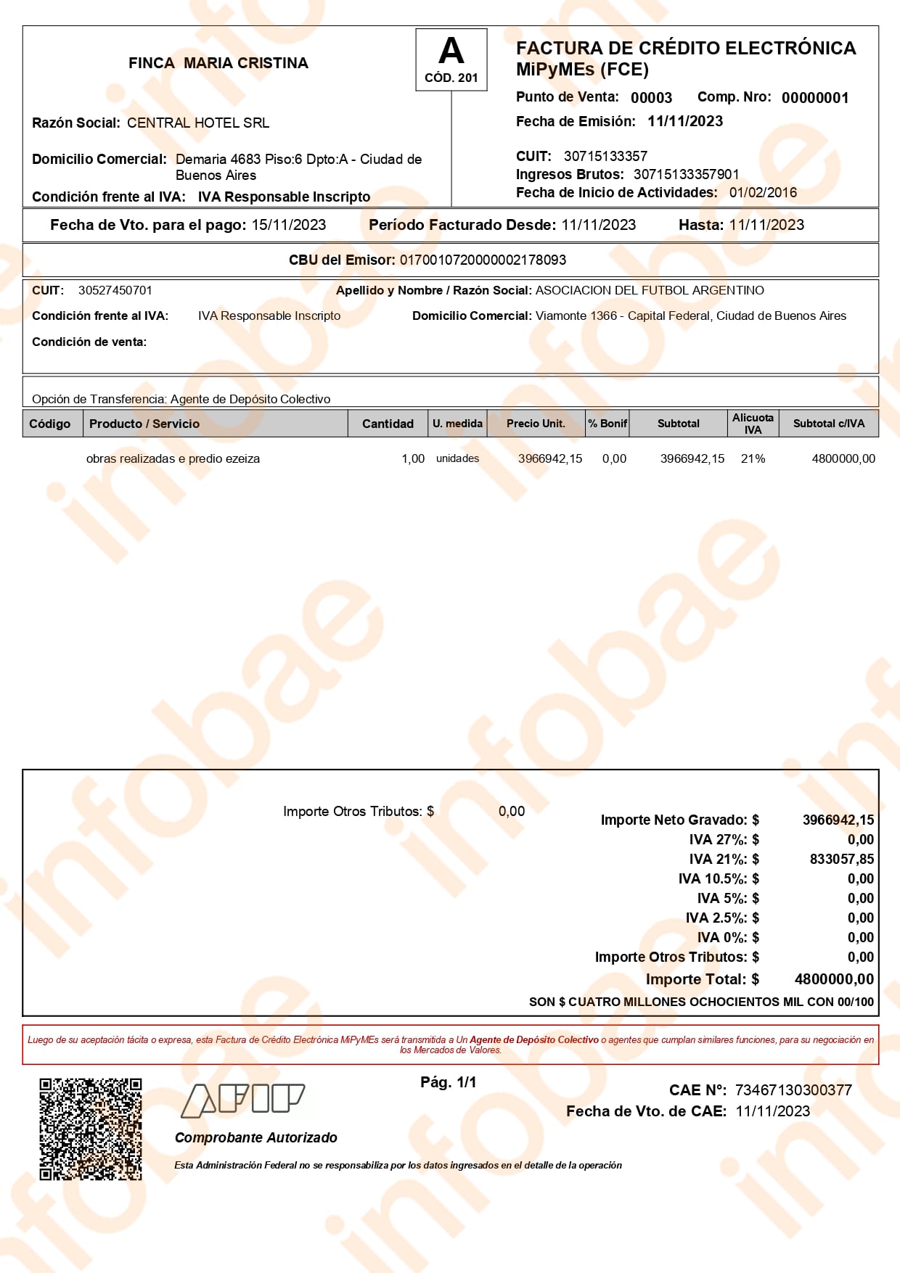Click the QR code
[91, 1129]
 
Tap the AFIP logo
[242, 1100]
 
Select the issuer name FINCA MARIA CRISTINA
[218, 63]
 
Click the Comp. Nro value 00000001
[814, 98]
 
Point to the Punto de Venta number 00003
[651, 98]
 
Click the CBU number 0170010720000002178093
[483, 260]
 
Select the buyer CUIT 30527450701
[115, 291]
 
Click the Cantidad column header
[388, 424]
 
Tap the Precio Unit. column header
[536, 424]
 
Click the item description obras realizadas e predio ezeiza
[173, 458]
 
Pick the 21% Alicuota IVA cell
[753, 458]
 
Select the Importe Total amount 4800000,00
[834, 979]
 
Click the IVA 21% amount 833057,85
[842, 859]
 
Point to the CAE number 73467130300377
[793, 1089]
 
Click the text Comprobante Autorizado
[255, 1137]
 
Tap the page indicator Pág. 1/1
[449, 1082]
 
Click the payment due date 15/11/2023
[289, 225]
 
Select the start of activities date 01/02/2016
[763, 192]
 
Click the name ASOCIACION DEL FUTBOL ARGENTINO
[650, 291]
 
